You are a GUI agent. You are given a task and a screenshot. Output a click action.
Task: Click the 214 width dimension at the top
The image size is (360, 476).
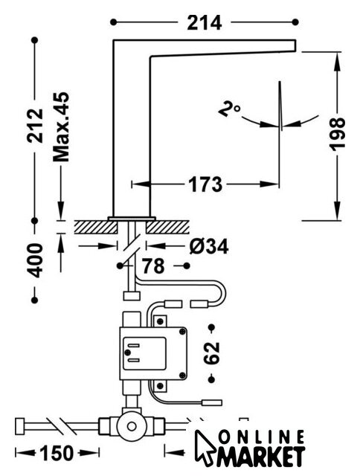(205, 23)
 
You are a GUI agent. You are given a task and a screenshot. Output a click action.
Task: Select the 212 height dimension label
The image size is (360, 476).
(35, 126)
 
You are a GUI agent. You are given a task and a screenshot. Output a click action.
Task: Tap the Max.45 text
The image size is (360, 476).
(61, 127)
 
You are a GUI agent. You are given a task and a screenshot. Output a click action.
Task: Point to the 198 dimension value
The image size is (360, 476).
(337, 135)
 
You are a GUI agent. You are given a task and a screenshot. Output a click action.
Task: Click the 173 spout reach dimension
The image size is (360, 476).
(205, 184)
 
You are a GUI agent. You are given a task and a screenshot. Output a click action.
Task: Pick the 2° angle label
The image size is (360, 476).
(229, 109)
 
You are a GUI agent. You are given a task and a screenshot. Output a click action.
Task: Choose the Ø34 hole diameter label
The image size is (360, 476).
(209, 246)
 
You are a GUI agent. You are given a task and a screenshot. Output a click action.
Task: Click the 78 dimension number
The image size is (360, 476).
(153, 266)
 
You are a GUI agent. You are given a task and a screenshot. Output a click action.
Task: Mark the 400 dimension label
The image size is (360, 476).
(36, 260)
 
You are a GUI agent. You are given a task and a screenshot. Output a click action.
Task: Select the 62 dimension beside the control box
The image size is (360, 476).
(211, 353)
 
